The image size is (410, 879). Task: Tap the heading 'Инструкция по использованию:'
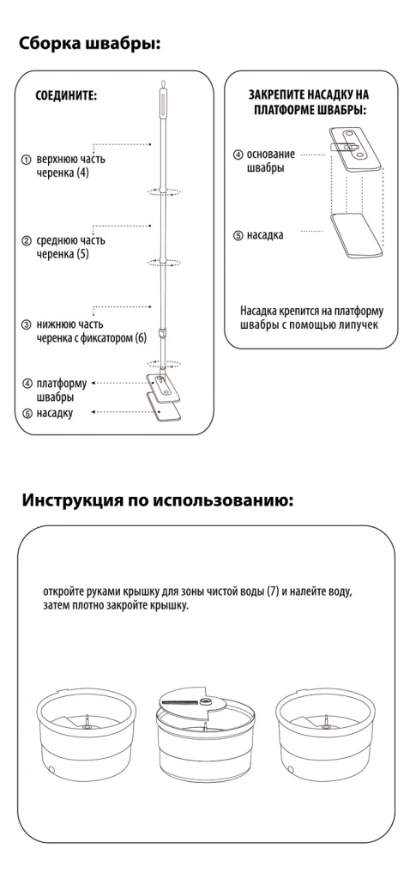157,500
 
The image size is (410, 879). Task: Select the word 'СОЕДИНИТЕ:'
66,95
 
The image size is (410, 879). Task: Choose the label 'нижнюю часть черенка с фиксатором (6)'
91,331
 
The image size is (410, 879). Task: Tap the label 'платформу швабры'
62,391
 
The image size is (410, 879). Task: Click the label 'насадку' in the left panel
54,414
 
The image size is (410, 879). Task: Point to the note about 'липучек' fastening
312,318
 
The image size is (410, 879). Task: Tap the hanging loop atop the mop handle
162,83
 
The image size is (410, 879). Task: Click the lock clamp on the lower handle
162,334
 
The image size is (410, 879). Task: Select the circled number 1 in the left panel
27,160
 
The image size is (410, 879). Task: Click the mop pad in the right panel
357,235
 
